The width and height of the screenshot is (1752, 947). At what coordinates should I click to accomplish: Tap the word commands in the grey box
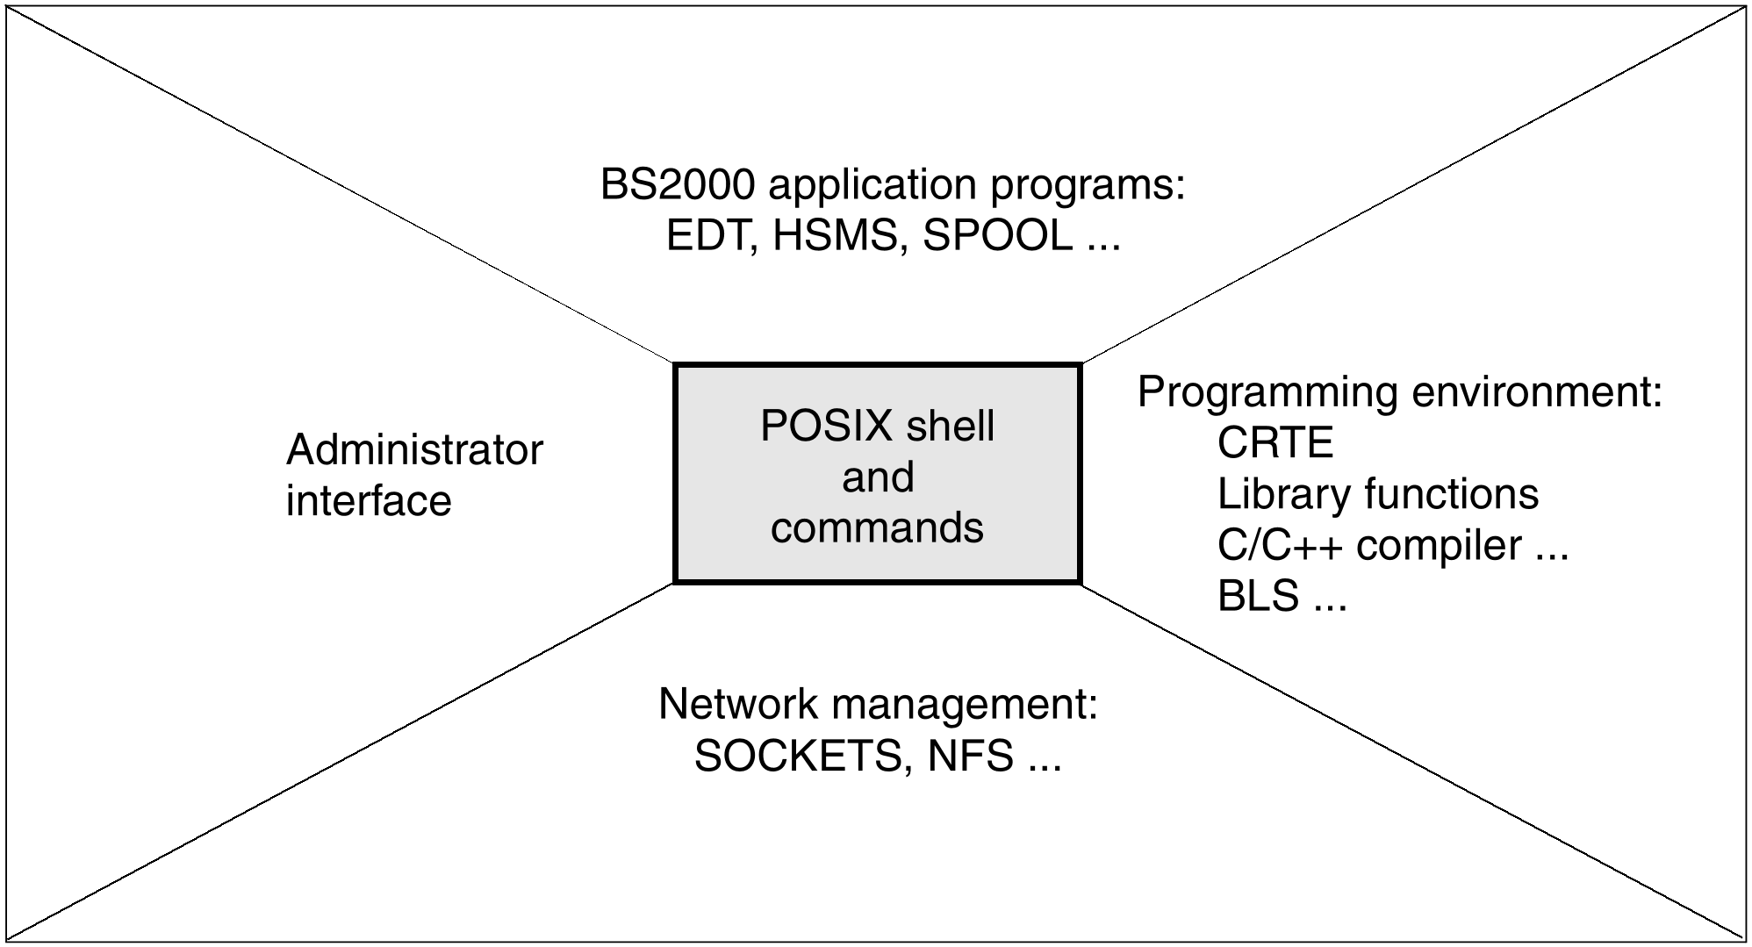click(877, 528)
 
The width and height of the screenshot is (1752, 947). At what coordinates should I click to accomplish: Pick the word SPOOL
click(997, 236)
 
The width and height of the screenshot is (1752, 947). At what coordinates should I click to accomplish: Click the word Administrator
click(414, 450)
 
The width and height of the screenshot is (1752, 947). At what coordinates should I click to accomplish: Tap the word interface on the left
click(369, 501)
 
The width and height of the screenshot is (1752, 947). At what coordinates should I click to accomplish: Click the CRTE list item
click(1275, 443)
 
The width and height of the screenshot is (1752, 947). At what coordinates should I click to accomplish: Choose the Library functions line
click(1377, 494)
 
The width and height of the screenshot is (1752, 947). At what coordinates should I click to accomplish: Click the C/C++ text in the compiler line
click(1280, 546)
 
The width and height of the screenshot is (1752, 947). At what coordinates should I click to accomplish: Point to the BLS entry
click(1258, 597)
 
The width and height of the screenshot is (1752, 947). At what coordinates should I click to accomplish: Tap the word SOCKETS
click(798, 757)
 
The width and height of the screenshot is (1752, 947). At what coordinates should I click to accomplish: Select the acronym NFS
click(970, 757)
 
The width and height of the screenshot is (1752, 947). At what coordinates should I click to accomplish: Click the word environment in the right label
click(1536, 392)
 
